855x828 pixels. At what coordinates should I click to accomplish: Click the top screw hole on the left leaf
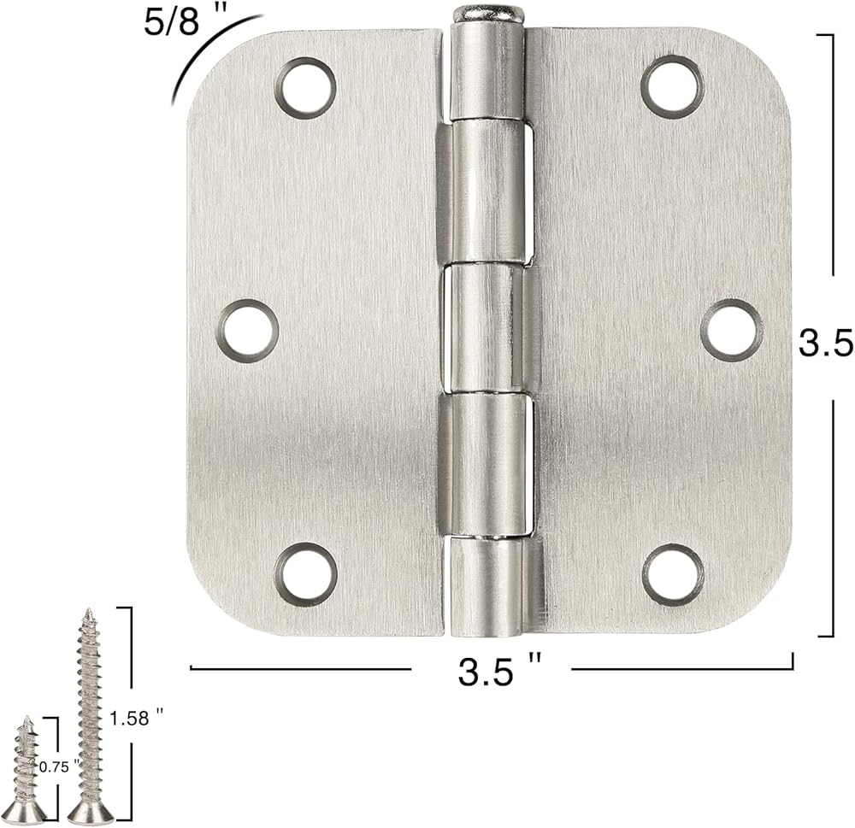(305, 88)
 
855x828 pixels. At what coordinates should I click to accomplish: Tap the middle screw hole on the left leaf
(248, 331)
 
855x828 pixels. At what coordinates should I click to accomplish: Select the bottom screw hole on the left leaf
(305, 573)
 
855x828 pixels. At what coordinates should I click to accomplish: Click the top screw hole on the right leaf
(672, 86)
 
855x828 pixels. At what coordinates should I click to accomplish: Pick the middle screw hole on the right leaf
(731, 331)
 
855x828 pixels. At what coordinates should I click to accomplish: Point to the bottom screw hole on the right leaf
(673, 574)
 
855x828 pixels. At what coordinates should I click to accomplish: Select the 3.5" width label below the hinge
(499, 670)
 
